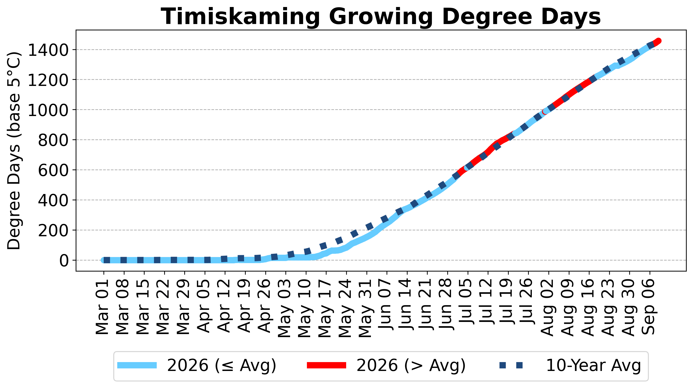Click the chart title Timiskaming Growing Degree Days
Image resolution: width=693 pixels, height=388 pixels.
point(381,17)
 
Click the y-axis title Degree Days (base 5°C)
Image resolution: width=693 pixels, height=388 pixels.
point(14,151)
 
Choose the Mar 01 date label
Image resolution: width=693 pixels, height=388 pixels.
point(102,307)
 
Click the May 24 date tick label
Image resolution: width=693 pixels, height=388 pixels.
point(345,308)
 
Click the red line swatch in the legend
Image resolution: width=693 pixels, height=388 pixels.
point(327,365)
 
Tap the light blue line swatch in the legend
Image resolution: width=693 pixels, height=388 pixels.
point(137,365)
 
